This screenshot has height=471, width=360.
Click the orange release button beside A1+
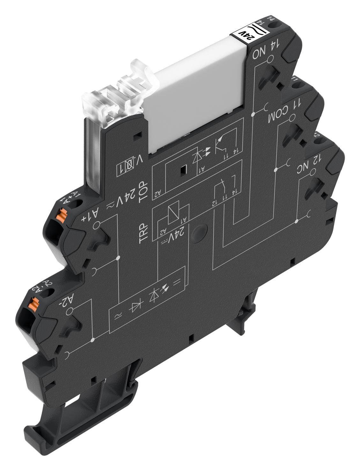(60, 216)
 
